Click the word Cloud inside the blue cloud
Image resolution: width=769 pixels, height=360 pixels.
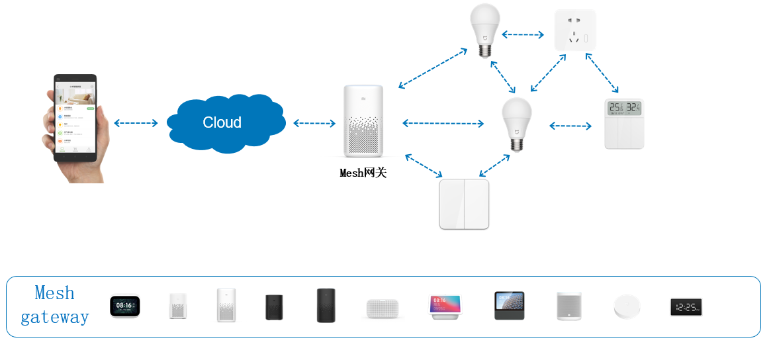[222, 122]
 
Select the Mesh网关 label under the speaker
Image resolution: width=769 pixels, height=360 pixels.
[363, 173]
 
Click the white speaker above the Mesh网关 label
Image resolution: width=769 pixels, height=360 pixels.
[363, 120]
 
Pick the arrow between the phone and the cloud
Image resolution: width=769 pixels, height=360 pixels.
[136, 123]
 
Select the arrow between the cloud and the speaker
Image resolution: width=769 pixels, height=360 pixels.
[314, 123]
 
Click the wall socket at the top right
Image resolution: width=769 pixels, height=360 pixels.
[575, 30]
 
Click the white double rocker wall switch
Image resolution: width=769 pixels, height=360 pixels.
[464, 204]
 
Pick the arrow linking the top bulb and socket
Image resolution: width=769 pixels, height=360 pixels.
[522, 34]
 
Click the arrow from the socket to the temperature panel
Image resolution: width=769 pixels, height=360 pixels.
[602, 73]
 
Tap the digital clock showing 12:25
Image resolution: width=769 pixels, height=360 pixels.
[686, 307]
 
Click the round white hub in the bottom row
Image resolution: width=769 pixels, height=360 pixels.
[627, 307]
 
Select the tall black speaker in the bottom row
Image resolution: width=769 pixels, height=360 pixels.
[326, 305]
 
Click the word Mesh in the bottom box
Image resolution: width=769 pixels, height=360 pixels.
[54, 293]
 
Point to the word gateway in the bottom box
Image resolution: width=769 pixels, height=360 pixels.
[54, 317]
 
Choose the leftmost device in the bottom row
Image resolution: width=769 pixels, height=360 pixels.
[124, 306]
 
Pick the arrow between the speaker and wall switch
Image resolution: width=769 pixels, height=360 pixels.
[424, 165]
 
